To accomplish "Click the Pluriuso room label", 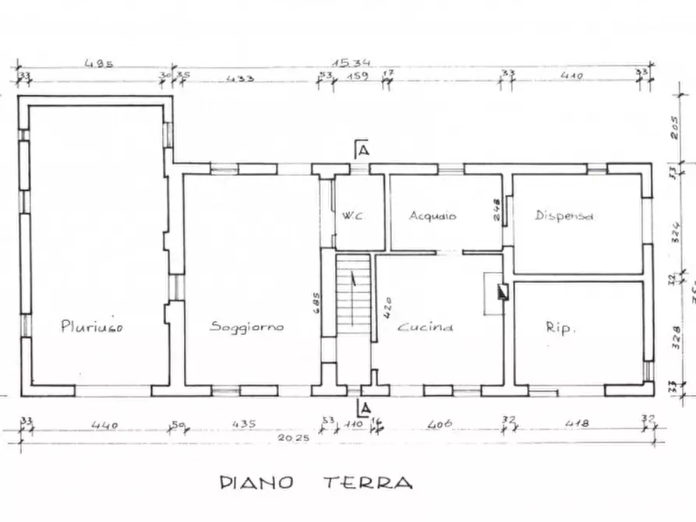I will click(x=92, y=327).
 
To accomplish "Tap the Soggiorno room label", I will click(x=247, y=327).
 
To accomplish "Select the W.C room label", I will click(x=351, y=216).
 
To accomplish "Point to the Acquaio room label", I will click(x=433, y=216).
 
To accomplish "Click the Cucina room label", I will click(x=426, y=327).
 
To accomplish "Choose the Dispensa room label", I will click(x=564, y=216).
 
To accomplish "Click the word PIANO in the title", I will click(x=256, y=483).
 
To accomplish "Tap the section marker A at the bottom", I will click(x=362, y=407).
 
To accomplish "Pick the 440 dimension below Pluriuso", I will click(x=104, y=425).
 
